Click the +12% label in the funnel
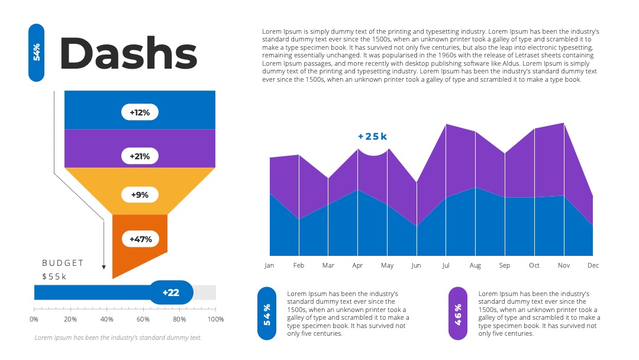(140, 112)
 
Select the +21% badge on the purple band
(140, 156)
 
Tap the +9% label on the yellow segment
(140, 195)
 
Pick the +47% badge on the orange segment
(141, 239)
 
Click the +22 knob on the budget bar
(171, 292)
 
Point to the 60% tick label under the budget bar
(143, 319)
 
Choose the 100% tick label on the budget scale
(215, 319)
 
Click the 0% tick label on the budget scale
(34, 319)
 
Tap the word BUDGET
(63, 263)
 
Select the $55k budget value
(54, 277)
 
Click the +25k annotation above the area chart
(373, 137)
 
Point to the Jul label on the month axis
(446, 265)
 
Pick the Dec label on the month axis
(593, 265)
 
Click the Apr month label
(357, 265)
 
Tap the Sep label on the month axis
(505, 265)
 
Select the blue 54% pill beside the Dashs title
(36, 53)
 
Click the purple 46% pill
(458, 314)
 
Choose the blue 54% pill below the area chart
(267, 314)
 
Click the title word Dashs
(128, 53)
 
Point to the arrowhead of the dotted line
(104, 267)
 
